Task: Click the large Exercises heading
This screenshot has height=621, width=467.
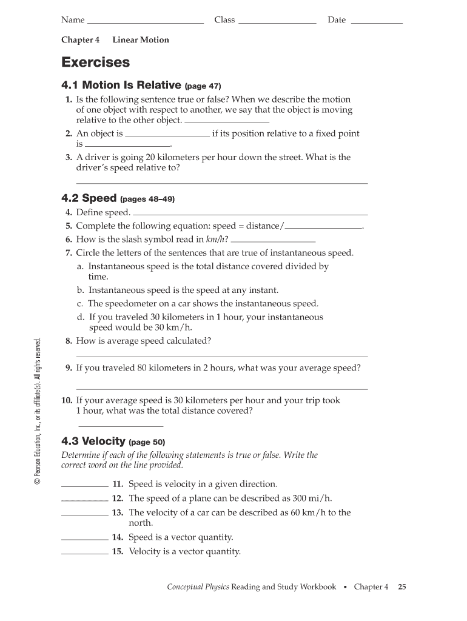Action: tap(95, 62)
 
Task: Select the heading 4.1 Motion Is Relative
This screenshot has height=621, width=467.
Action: tap(121, 86)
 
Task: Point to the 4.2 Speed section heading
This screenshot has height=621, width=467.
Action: tap(89, 198)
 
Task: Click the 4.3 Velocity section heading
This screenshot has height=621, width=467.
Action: tap(93, 441)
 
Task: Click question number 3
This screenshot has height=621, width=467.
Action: tap(69, 157)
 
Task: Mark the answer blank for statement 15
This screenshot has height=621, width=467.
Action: tap(85, 553)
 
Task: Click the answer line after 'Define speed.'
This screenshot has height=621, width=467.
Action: tap(250, 214)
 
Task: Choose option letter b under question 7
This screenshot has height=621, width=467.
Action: tap(80, 290)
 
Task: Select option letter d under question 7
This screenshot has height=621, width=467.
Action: tap(80, 317)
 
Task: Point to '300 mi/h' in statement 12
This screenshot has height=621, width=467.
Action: tap(312, 498)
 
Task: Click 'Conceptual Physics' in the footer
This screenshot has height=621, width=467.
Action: tap(198, 586)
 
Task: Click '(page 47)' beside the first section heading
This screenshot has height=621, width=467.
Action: tap(207, 86)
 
